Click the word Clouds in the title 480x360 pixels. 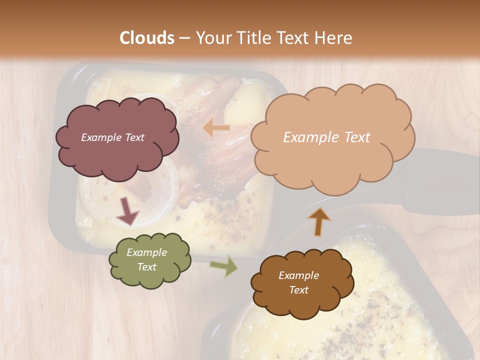tap(147, 38)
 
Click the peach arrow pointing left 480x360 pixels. tap(216, 128)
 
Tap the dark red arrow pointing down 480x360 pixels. tap(127, 211)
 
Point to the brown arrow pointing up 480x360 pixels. tap(319, 221)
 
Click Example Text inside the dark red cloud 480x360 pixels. tap(113, 137)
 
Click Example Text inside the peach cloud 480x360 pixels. tap(327, 137)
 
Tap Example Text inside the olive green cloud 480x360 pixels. tap(147, 260)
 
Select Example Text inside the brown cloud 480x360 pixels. tap(298, 283)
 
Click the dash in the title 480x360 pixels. tap(184, 38)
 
